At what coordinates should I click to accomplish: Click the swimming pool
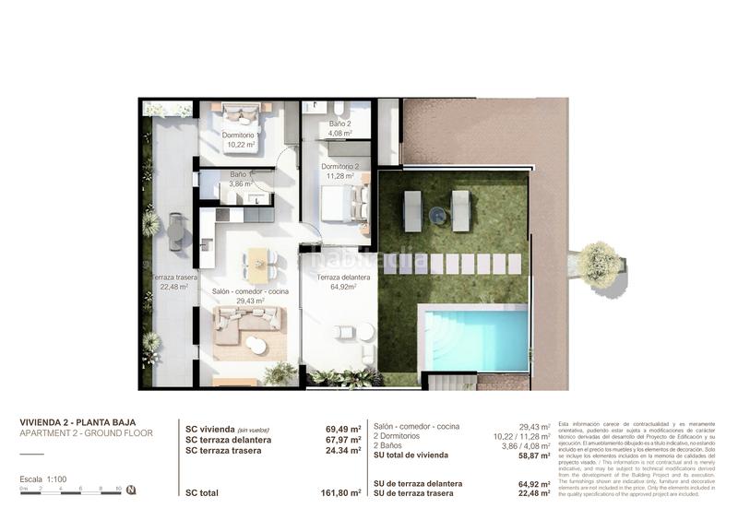click(475, 338)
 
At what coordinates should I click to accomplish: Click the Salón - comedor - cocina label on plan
click(250, 291)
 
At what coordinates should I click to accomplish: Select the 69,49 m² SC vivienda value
click(343, 429)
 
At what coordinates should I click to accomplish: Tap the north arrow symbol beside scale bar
click(132, 490)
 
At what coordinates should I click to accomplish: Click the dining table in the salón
click(258, 265)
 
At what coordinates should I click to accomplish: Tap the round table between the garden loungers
click(436, 216)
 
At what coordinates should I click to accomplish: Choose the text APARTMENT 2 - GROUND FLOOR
click(87, 433)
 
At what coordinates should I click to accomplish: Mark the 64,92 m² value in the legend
click(534, 483)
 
